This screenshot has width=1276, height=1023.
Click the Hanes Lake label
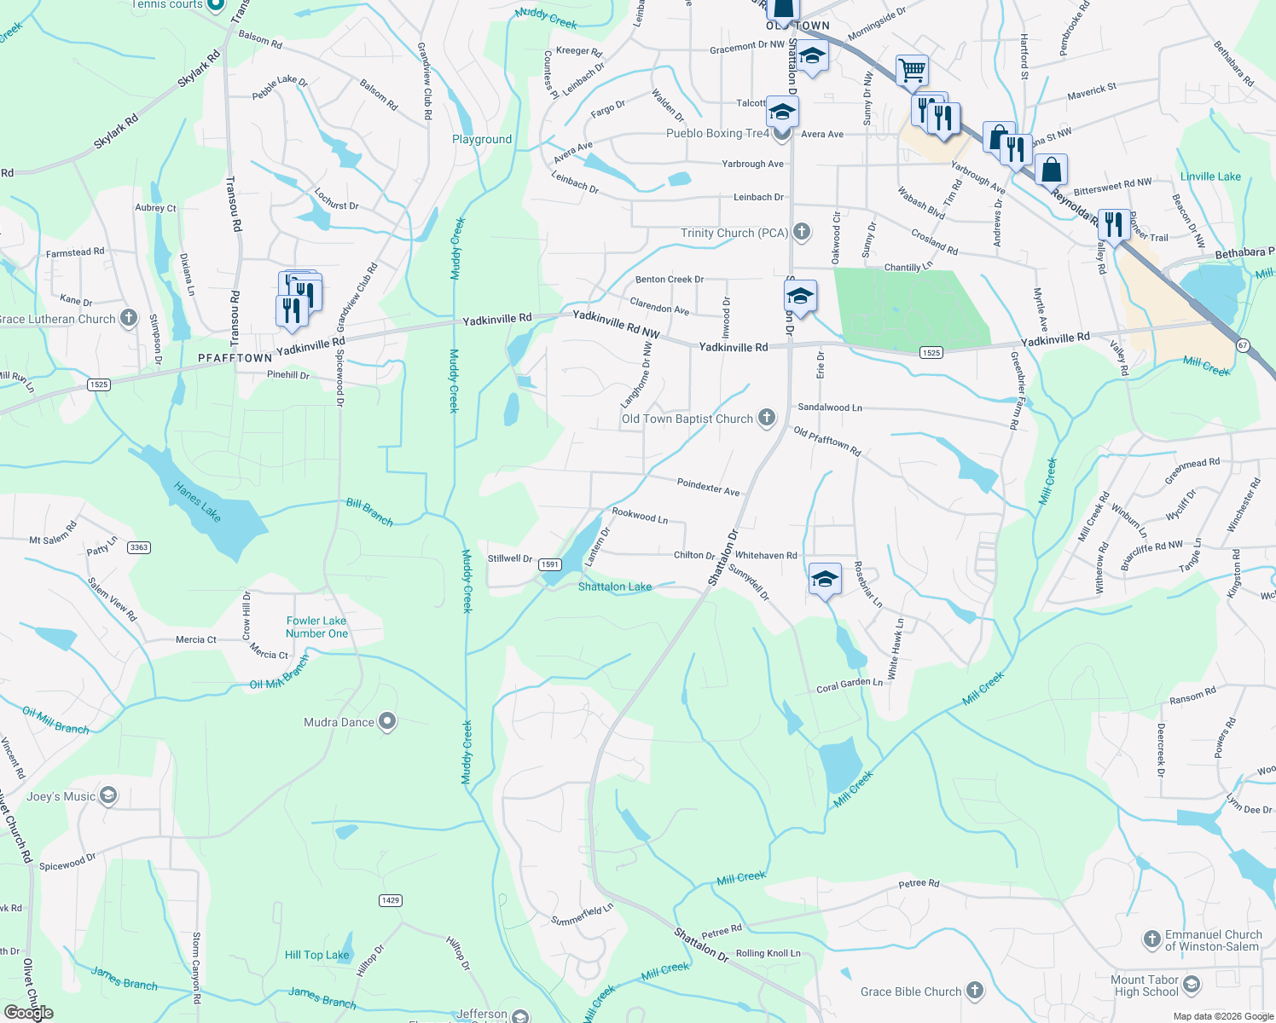tap(197, 502)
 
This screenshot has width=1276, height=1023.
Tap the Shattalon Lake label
tap(614, 587)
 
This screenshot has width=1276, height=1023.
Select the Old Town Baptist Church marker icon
tap(767, 418)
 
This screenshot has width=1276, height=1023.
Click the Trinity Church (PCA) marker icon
tap(801, 232)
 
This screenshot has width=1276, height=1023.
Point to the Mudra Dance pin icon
tap(387, 722)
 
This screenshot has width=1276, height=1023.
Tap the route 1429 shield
tap(390, 900)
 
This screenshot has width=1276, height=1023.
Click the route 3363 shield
tap(139, 547)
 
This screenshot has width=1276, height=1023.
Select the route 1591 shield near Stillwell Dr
tap(549, 564)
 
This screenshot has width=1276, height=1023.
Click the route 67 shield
tap(1243, 344)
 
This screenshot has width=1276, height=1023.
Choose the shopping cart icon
tap(912, 70)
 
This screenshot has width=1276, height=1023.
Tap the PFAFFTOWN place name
tap(235, 358)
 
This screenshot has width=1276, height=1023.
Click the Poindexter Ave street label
tap(708, 487)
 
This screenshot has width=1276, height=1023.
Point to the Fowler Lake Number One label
tap(316, 627)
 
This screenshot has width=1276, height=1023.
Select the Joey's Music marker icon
tap(107, 796)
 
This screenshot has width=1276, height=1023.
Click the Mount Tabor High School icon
tap(1192, 985)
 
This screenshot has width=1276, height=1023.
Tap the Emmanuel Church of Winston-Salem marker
tap(1151, 939)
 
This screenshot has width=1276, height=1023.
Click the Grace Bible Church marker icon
tap(975, 991)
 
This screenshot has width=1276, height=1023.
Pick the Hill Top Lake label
tap(316, 955)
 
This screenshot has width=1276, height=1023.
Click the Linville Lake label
tap(1210, 176)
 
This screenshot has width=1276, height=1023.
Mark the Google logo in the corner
tap(29, 1013)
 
